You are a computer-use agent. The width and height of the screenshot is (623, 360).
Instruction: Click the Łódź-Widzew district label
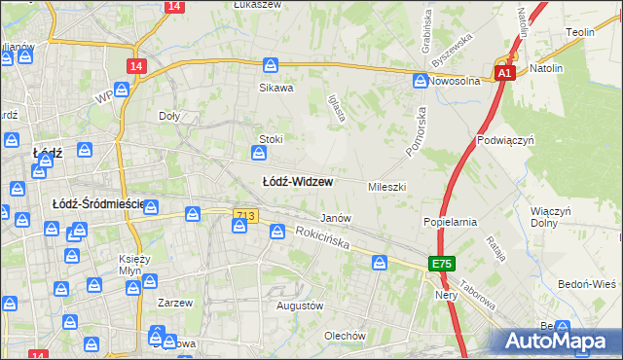(x=298, y=182)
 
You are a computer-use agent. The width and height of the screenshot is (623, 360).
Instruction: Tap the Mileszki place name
(x=386, y=186)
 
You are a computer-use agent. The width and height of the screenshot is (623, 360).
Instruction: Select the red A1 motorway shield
(x=503, y=73)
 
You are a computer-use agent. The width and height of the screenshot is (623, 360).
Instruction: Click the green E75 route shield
(x=443, y=264)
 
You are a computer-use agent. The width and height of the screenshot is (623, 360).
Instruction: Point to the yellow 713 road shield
(x=245, y=214)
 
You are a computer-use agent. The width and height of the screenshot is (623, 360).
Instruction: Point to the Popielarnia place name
(x=449, y=222)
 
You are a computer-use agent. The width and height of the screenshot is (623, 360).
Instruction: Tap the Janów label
(x=336, y=218)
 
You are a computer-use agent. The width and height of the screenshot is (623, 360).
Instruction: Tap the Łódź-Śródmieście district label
(x=95, y=203)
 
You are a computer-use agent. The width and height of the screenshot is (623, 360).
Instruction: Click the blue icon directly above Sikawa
(x=271, y=66)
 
